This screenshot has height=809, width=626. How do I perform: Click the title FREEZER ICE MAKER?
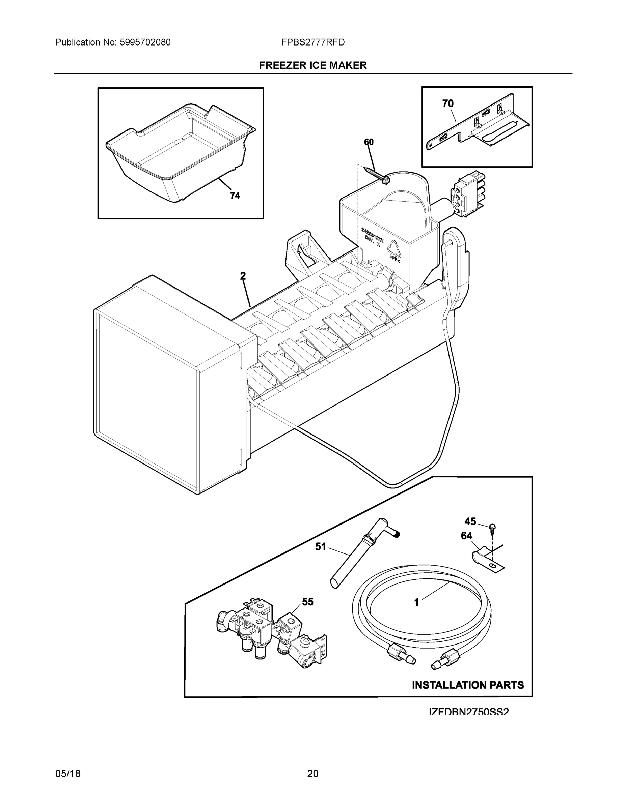(312, 66)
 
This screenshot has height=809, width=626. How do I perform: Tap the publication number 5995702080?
(145, 42)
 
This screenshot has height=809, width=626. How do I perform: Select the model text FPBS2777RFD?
(312, 42)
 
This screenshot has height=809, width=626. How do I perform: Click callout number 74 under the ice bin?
(235, 196)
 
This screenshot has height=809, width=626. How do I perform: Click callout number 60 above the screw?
(369, 142)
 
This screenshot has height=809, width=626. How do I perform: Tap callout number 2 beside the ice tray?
(243, 276)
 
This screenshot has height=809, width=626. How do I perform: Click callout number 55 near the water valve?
(307, 602)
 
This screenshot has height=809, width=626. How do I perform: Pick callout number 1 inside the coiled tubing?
(416, 603)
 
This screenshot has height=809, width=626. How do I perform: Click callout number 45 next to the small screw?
(470, 521)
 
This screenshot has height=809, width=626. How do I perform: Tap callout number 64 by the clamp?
(466, 536)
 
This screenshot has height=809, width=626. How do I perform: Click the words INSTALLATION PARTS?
(468, 685)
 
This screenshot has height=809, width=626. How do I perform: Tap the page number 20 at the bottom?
(312, 774)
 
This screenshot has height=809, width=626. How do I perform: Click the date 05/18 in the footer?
(68, 774)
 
